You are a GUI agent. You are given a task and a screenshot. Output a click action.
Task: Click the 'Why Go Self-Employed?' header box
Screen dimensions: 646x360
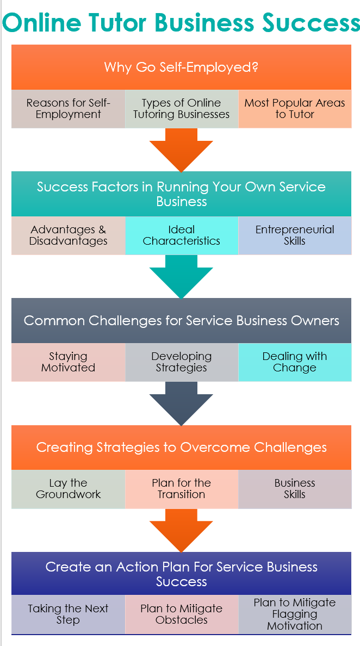tap(181, 67)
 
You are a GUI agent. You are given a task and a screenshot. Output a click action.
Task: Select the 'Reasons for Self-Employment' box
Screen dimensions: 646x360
tap(69, 109)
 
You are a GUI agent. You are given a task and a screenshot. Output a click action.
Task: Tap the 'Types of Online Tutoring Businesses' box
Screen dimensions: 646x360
tap(182, 109)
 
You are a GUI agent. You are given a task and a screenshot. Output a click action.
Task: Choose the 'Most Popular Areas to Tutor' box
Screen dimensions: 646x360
tap(295, 109)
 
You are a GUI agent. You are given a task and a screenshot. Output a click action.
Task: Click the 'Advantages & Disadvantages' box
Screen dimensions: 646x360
tap(69, 235)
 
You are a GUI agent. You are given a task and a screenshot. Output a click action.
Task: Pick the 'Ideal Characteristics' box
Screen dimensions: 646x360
tap(182, 235)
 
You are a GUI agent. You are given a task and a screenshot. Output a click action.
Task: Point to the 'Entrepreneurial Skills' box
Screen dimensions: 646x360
tap(295, 235)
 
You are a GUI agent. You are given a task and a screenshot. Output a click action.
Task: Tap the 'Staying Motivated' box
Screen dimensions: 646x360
tap(69, 362)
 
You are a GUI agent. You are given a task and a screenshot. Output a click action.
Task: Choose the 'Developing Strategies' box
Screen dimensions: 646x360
tap(182, 362)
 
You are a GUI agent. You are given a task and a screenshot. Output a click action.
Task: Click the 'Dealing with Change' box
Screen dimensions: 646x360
tap(295, 362)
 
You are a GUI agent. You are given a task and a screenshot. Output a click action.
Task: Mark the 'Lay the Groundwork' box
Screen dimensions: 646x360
tap(69, 489)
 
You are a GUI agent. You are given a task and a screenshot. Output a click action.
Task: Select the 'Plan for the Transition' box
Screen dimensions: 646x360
tap(182, 489)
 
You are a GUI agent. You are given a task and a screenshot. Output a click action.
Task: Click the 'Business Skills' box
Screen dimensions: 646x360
tap(295, 489)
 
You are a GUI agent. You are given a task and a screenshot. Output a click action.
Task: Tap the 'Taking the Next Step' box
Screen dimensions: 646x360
tap(69, 614)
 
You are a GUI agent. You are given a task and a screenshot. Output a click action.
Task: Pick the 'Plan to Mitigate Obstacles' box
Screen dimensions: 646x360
tap(182, 614)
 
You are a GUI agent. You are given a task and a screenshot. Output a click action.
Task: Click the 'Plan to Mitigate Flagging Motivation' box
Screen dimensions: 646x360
tap(295, 614)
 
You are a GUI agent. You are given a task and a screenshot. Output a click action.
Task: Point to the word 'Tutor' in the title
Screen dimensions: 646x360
tap(117, 23)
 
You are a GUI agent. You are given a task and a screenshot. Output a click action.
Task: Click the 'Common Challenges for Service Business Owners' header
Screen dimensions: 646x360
tap(181, 320)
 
